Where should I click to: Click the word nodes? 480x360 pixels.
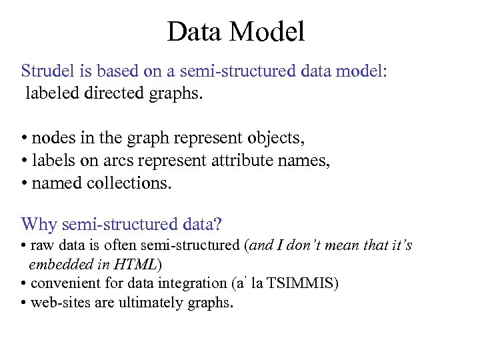point(53,139)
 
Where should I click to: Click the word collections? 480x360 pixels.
point(129,183)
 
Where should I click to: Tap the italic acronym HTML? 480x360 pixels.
point(137,265)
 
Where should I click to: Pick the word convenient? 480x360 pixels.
point(64,283)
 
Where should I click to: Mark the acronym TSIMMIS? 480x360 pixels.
point(300,283)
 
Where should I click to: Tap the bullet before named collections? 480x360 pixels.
point(24,183)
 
